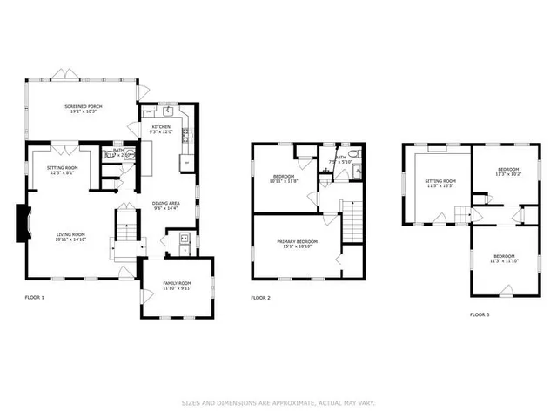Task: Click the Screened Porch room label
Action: pos(84,106)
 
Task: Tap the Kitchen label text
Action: pos(162,127)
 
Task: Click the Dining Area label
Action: pos(165,204)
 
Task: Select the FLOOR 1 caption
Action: pos(34,298)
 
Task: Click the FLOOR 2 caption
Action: pos(260,298)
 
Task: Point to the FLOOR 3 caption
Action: pos(479,313)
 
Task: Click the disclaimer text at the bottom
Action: pos(278,402)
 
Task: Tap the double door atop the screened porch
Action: pos(59,72)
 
